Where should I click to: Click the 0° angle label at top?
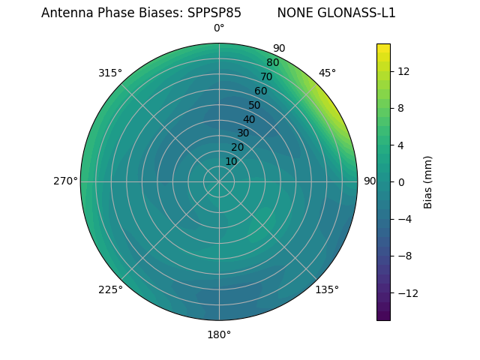(219, 28)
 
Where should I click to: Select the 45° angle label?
(327, 73)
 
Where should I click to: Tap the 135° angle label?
(327, 289)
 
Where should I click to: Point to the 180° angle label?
(219, 334)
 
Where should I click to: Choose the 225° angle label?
(110, 289)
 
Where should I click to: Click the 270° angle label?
(65, 181)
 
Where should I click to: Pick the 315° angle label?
(110, 73)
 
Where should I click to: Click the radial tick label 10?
(232, 161)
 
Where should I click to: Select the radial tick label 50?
(255, 106)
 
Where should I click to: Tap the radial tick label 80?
(273, 62)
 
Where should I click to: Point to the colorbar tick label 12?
(403, 71)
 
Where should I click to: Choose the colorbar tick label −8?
(403, 256)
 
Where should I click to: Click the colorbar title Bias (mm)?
(428, 182)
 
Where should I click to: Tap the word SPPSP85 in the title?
(214, 13)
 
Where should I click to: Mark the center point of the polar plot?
(219, 181)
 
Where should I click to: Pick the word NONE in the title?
(293, 13)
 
